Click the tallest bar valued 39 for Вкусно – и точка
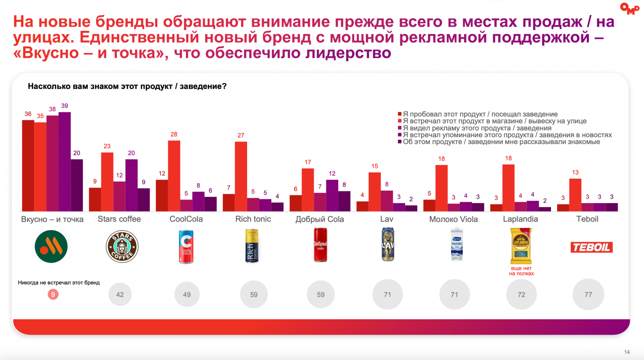coord(64,162)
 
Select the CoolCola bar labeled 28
coord(174,176)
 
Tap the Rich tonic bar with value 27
coord(241,177)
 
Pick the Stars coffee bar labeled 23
coord(107,182)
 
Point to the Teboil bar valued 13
coord(575,195)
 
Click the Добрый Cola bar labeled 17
coord(308,190)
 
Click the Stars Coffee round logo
coord(122,247)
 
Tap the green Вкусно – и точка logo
coord(51,247)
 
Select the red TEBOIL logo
coord(591,247)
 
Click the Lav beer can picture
coord(388,245)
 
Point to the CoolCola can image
coord(186,247)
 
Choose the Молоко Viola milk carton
coord(456,245)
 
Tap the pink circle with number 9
coord(53,294)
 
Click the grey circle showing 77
coord(588,295)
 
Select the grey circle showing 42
coord(120,295)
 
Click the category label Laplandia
coord(520,219)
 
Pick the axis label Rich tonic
coord(253,219)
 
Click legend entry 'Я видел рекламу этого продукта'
coord(477,128)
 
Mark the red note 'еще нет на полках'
coord(521,271)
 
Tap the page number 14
coord(627,352)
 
